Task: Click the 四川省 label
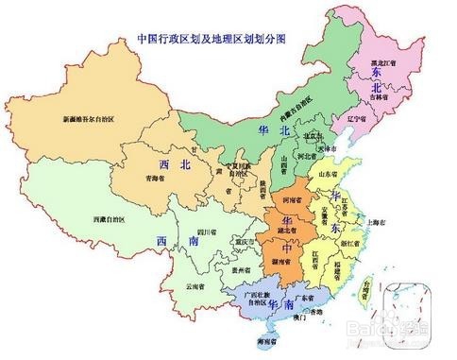coord(207,231)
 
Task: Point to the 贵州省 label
coord(245,268)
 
